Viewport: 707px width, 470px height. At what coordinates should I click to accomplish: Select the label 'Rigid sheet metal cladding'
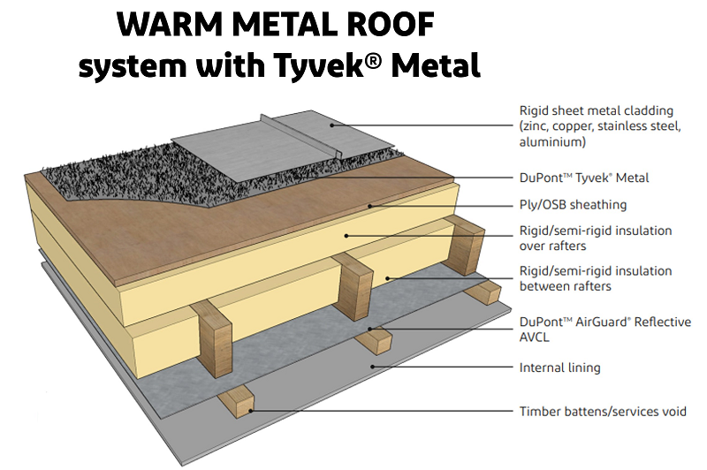pos(596,110)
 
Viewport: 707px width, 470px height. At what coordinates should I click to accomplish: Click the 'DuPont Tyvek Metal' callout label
pos(583,178)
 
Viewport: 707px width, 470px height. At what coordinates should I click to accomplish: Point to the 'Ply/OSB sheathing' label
pos(573,205)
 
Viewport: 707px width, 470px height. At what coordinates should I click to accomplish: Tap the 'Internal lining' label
pos(559,367)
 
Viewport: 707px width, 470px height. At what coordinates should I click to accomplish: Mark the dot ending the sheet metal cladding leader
pos(333,125)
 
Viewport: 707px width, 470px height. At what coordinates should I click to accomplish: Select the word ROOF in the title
pos(388,27)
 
